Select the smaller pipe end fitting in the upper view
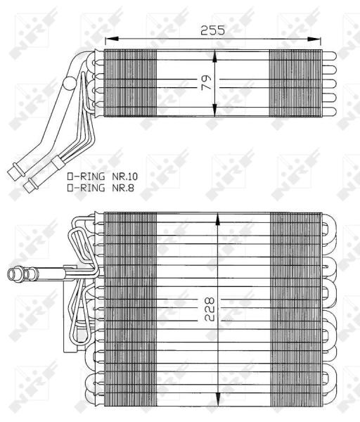click(32, 185)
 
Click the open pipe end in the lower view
click(11, 273)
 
